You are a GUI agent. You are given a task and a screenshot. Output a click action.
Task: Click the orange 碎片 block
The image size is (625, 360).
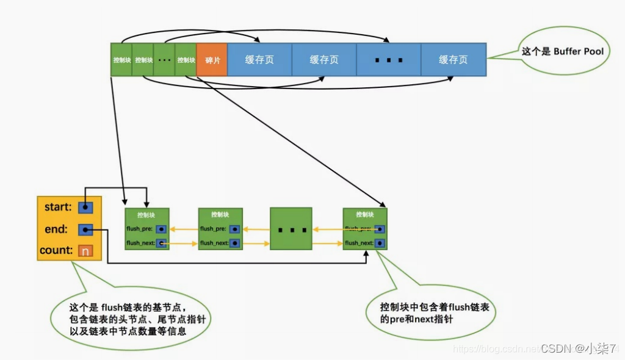(x=212, y=60)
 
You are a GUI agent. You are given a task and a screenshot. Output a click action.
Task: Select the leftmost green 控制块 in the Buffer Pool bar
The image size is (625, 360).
(x=121, y=60)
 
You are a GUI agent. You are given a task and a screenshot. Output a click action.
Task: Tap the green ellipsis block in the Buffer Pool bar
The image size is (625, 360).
(x=164, y=60)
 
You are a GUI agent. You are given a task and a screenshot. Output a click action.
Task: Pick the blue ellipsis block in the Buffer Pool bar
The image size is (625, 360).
(x=389, y=60)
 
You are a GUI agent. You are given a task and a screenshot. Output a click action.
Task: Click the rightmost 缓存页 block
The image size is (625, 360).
(x=453, y=60)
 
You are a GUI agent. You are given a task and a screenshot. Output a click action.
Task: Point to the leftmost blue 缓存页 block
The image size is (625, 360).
(x=259, y=60)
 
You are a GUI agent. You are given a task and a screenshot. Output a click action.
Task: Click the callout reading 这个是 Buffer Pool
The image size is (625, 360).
(x=562, y=52)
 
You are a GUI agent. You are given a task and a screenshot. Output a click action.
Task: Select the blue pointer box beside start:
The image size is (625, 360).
(x=86, y=207)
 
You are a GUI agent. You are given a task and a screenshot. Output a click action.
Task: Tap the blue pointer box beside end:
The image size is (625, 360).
(x=86, y=230)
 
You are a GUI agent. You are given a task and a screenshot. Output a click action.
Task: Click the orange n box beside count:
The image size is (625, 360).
(x=85, y=251)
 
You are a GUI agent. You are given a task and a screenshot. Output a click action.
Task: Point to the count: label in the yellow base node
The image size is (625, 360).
(x=56, y=251)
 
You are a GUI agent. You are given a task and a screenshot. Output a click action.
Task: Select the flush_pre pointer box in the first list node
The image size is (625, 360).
(x=161, y=229)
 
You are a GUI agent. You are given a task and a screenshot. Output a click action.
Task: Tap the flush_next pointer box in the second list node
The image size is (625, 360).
(x=234, y=243)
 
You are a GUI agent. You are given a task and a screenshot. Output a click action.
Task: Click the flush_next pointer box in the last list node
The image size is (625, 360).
(x=380, y=243)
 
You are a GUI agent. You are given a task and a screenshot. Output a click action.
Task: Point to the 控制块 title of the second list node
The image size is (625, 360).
(x=220, y=215)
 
